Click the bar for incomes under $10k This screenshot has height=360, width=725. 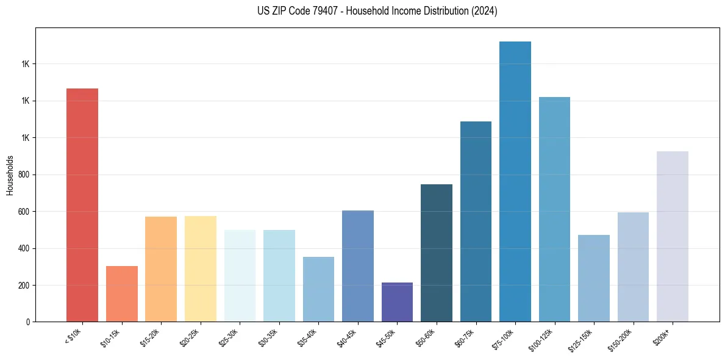coord(82,205)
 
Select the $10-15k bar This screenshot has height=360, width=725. coord(122,293)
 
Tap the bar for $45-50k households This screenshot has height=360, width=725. coord(397,302)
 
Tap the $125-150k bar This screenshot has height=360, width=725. coord(594,278)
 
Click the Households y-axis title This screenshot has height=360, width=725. coord(10,175)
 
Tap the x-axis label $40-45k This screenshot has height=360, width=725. coord(346,337)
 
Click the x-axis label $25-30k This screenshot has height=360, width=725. coord(229,337)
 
